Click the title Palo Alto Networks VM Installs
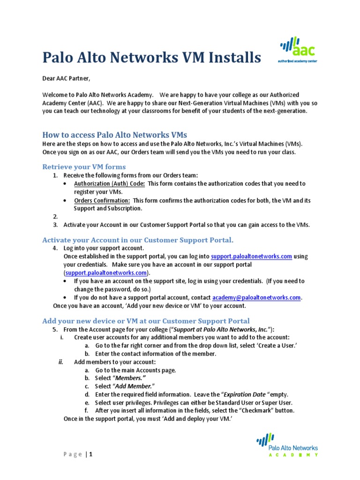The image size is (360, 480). click(151, 58)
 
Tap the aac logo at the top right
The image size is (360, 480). click(298, 50)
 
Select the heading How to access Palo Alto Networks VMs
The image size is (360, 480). click(115, 135)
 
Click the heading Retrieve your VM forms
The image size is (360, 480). click(84, 167)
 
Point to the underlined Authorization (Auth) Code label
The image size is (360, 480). click(109, 184)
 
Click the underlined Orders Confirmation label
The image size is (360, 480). click(102, 201)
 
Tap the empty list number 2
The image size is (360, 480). click(55, 217)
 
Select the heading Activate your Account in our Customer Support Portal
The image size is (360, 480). click(138, 240)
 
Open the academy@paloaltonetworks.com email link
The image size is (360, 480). click(256, 298)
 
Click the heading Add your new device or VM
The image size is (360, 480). click(146, 321)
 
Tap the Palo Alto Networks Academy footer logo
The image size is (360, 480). click(287, 445)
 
